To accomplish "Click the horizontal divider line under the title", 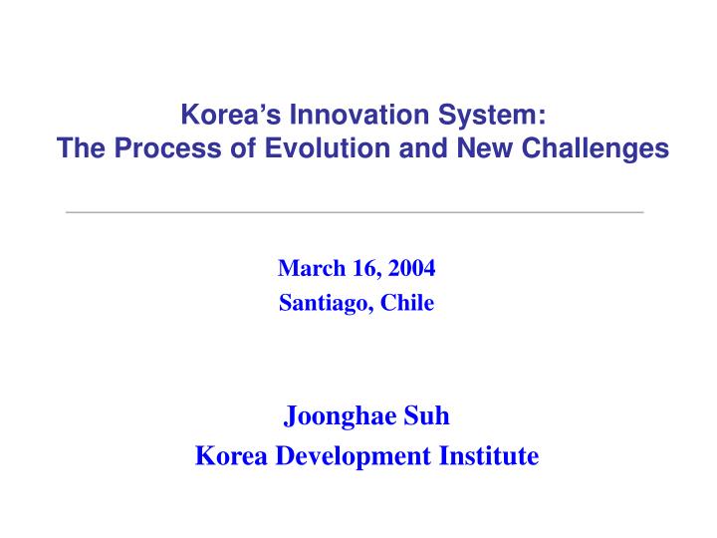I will [355, 212].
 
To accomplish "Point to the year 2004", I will [412, 268].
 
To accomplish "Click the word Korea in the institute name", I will [231, 455].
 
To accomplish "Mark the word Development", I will [354, 456].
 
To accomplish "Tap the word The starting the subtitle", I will [82, 148].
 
